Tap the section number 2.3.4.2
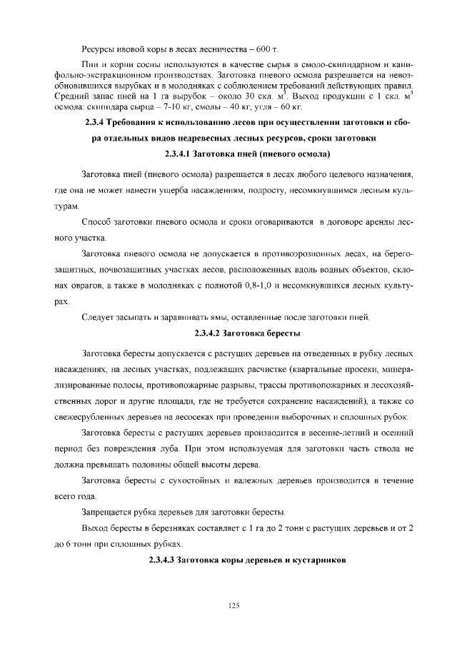coord(211,333)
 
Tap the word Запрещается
coord(109,513)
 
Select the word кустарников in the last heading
coord(318,560)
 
